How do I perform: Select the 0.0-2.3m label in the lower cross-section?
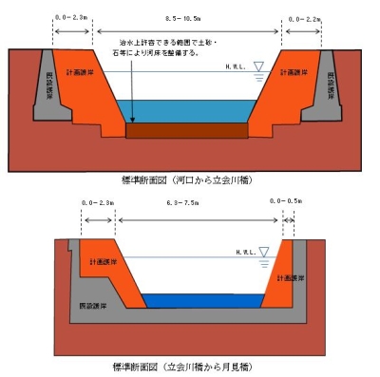coord(98,201)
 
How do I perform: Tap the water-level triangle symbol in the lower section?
coord(263,253)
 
